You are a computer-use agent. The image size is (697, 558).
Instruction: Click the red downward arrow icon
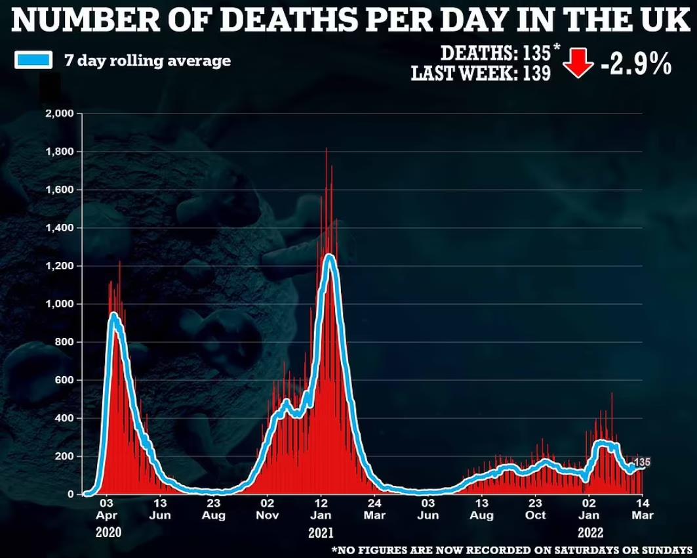click(x=578, y=63)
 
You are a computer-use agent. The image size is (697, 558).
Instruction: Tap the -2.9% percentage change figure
click(x=636, y=66)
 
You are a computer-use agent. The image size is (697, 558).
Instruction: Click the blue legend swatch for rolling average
click(x=33, y=60)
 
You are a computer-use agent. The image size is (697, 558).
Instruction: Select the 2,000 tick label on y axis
click(x=60, y=114)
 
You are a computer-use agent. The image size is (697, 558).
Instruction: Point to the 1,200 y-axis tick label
click(x=60, y=266)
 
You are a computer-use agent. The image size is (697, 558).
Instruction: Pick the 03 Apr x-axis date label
click(x=106, y=509)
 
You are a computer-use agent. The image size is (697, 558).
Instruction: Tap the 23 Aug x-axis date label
click(x=214, y=509)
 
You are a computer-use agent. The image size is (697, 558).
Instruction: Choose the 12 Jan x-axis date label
click(x=321, y=509)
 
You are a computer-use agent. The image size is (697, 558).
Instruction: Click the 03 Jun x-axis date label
click(x=428, y=509)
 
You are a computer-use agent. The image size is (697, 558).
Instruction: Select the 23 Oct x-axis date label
click(x=535, y=509)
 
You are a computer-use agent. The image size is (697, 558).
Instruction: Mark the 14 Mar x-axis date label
click(x=643, y=509)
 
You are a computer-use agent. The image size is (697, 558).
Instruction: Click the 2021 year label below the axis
click(x=321, y=532)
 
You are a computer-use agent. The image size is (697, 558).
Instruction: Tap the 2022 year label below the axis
click(x=591, y=532)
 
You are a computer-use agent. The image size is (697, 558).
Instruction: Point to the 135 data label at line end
click(x=642, y=462)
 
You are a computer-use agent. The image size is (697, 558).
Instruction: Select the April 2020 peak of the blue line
click(x=113, y=316)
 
